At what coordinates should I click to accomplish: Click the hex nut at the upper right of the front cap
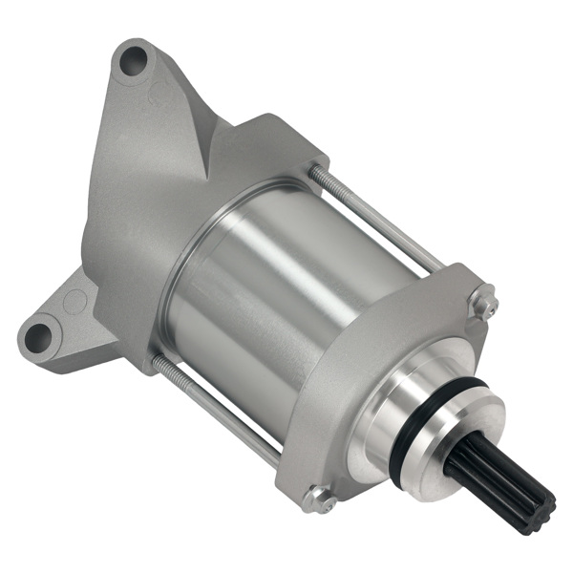coord(485,305)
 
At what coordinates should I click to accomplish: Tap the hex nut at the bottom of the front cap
coord(318,498)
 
